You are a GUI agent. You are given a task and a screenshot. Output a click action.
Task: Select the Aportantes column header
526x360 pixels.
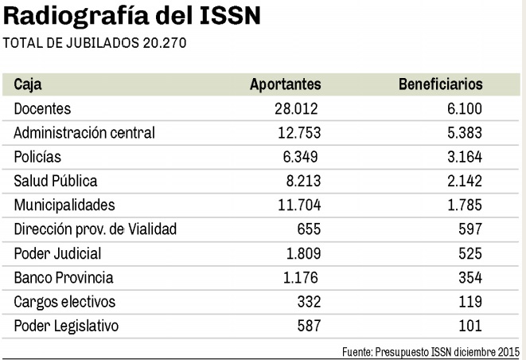coord(285,84)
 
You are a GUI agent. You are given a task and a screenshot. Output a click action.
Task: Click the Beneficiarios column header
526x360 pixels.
coord(440,84)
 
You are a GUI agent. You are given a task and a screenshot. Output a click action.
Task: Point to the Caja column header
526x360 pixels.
coord(28,84)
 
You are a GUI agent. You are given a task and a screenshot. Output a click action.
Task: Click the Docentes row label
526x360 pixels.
coord(42,108)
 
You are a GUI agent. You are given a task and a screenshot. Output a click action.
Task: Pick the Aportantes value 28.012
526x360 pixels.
coord(297,108)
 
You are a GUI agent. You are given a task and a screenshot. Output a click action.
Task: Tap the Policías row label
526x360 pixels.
coord(37,157)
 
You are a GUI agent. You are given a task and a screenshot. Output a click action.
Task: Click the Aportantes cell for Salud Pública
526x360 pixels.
coord(302,181)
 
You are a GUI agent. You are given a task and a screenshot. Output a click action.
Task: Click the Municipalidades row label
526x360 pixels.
coord(64,205)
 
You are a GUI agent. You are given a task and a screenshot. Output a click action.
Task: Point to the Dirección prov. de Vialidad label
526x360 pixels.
coord(95,229)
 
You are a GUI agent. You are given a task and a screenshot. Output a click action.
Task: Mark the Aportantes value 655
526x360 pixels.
coord(307,229)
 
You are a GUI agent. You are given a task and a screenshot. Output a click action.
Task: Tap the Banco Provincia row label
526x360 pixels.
coord(64,278)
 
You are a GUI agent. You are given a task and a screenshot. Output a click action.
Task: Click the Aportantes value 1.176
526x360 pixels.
coord(302,278)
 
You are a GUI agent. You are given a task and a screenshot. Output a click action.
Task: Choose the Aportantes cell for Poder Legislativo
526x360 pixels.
coord(307,327)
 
